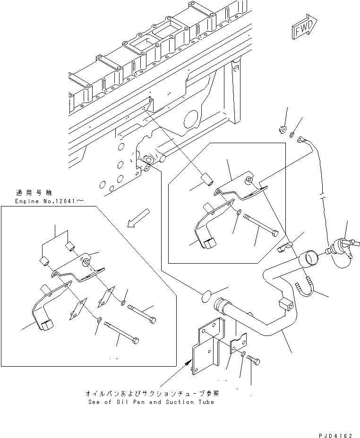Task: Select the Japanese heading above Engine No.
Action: [x=33, y=193]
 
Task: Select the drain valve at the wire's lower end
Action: [x=339, y=250]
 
